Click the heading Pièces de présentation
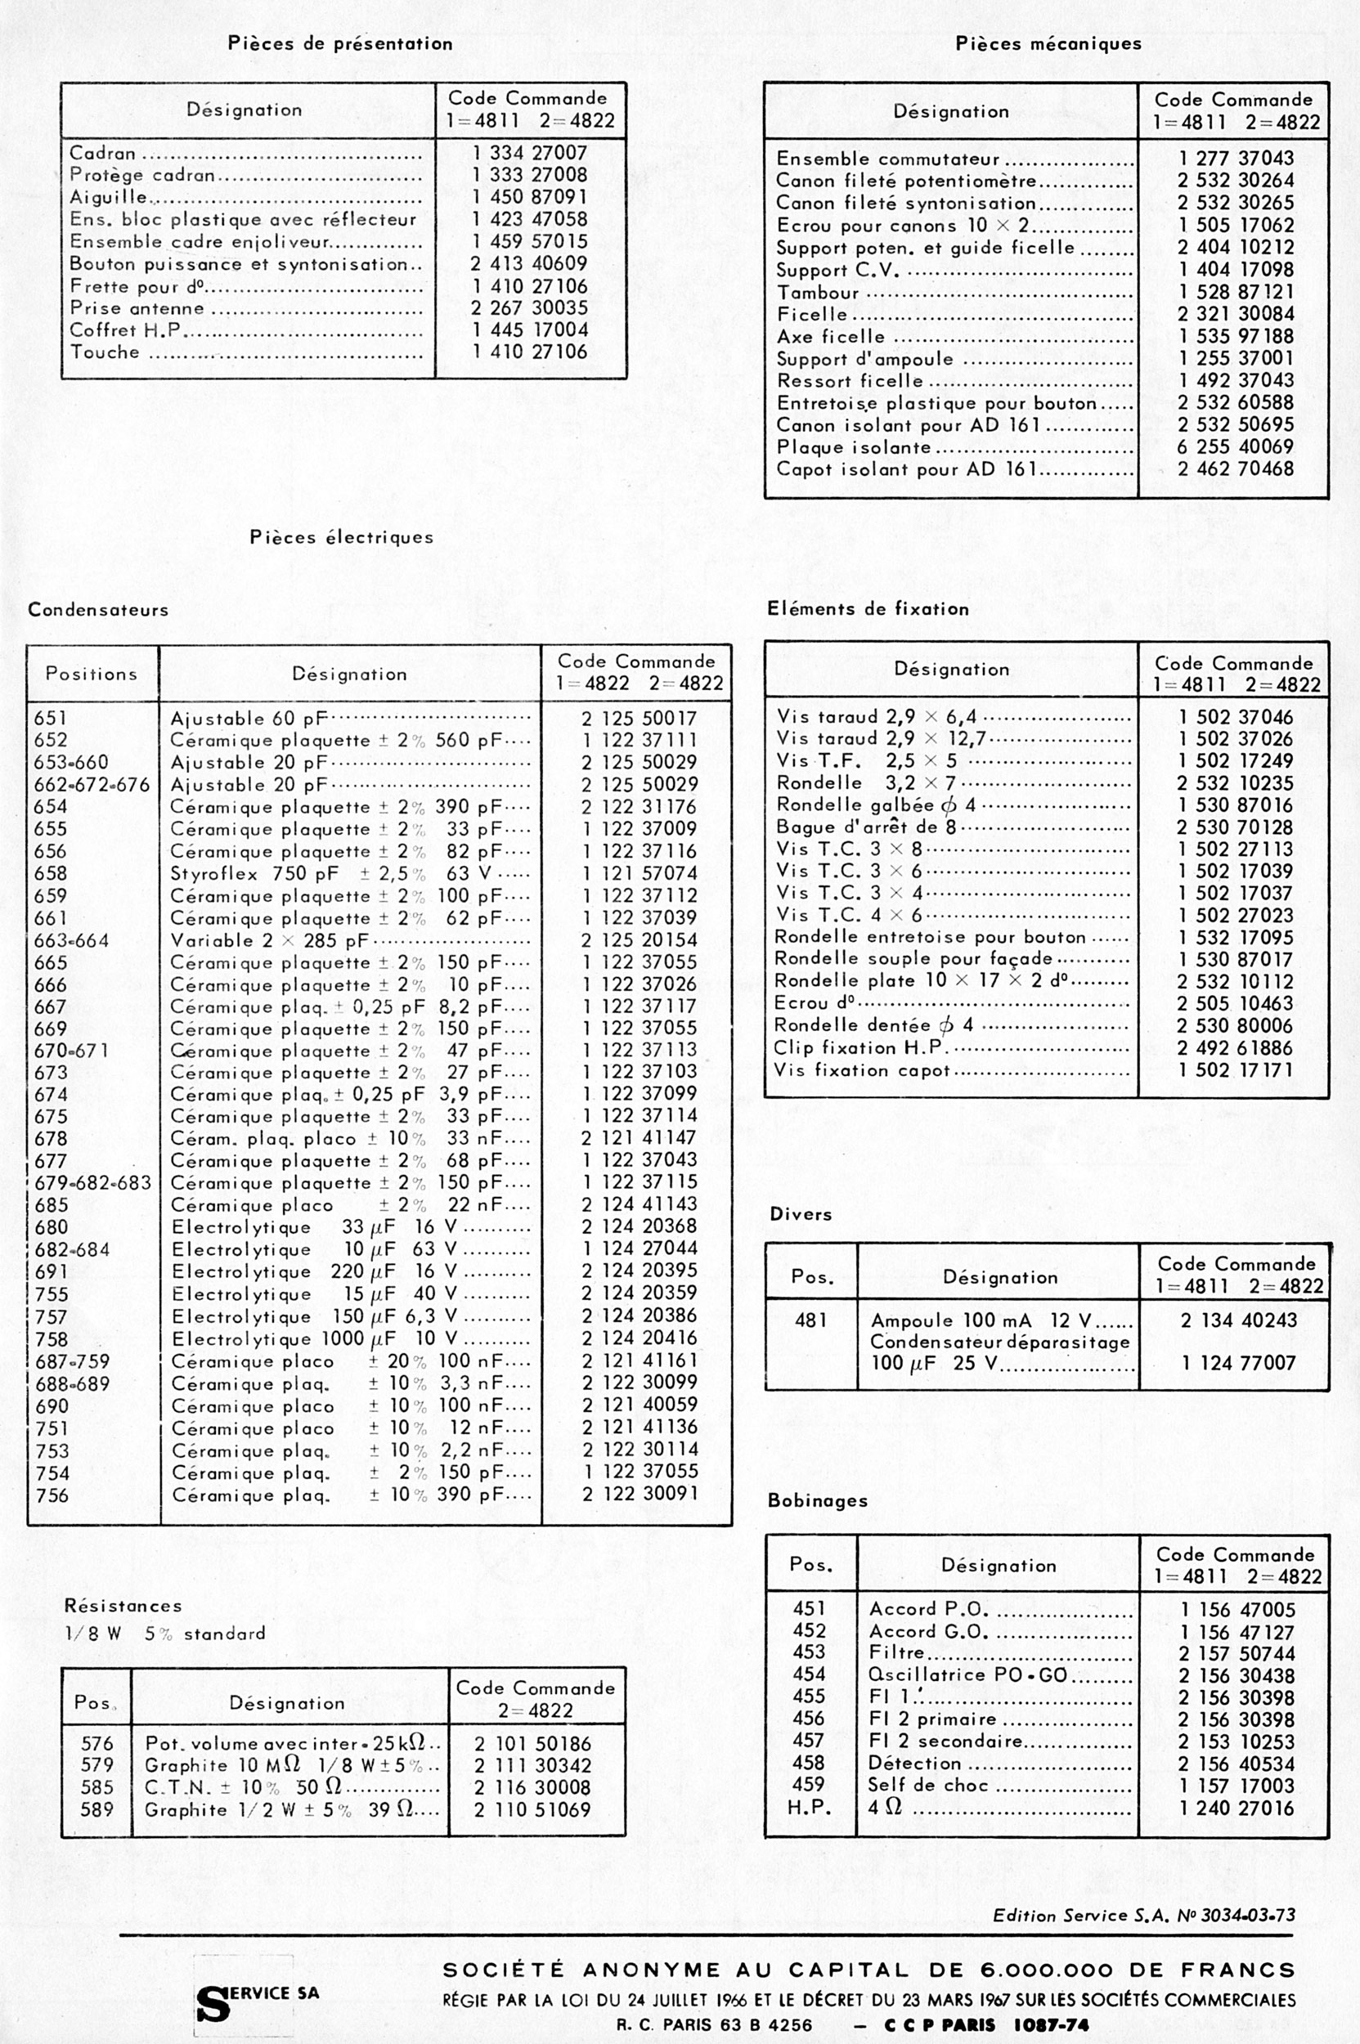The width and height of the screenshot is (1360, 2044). (x=340, y=43)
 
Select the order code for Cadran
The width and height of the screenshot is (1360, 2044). (x=529, y=153)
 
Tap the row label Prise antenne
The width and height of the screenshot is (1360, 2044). (x=137, y=308)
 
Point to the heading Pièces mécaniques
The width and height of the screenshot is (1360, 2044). (x=1048, y=43)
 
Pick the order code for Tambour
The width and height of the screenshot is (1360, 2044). (x=1235, y=291)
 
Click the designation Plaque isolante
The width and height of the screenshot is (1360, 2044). (x=854, y=446)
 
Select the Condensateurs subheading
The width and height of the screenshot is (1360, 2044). (x=98, y=610)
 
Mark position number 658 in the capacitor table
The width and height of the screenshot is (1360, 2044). (x=52, y=873)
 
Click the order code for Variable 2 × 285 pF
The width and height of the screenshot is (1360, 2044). (x=639, y=940)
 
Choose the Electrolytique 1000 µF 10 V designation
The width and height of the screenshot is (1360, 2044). (x=314, y=1338)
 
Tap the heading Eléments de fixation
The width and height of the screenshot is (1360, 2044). (x=868, y=609)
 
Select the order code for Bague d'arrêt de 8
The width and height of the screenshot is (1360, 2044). (x=1235, y=827)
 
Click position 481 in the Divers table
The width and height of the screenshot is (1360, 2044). (x=810, y=1320)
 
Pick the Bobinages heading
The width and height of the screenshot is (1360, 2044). (x=817, y=1500)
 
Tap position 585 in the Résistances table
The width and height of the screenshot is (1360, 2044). (x=97, y=1787)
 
